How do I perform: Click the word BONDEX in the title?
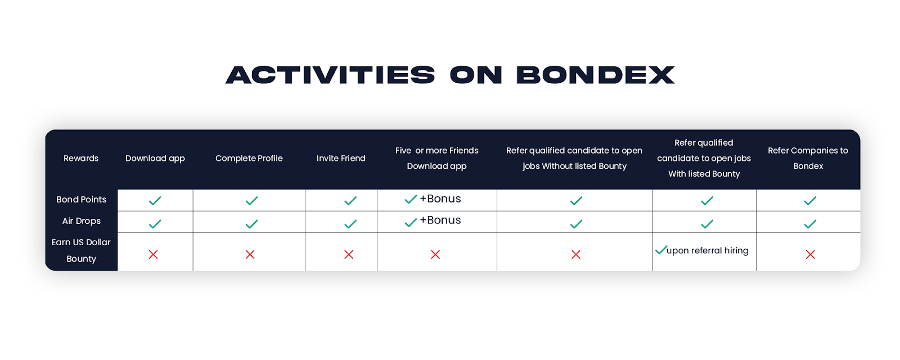(x=596, y=75)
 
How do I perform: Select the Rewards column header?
(x=81, y=158)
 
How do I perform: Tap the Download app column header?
(x=155, y=159)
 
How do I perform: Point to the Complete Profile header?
(x=249, y=158)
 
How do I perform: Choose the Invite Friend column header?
(x=341, y=158)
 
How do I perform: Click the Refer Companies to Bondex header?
(x=808, y=158)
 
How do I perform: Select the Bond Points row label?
(x=81, y=199)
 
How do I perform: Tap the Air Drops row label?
(x=81, y=221)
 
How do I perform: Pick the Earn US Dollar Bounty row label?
(x=81, y=250)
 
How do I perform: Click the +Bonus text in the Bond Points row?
(x=440, y=199)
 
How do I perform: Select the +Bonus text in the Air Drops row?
(x=440, y=220)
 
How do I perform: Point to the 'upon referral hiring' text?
(x=707, y=251)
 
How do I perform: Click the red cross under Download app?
(x=153, y=254)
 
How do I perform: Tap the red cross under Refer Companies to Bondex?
(x=811, y=254)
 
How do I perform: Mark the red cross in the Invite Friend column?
(x=349, y=254)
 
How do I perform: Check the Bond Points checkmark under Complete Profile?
(x=251, y=200)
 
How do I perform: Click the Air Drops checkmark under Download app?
(x=155, y=224)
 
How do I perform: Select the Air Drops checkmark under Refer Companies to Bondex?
(x=810, y=224)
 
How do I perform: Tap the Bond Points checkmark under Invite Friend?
(x=350, y=200)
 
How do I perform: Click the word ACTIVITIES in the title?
(x=330, y=75)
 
